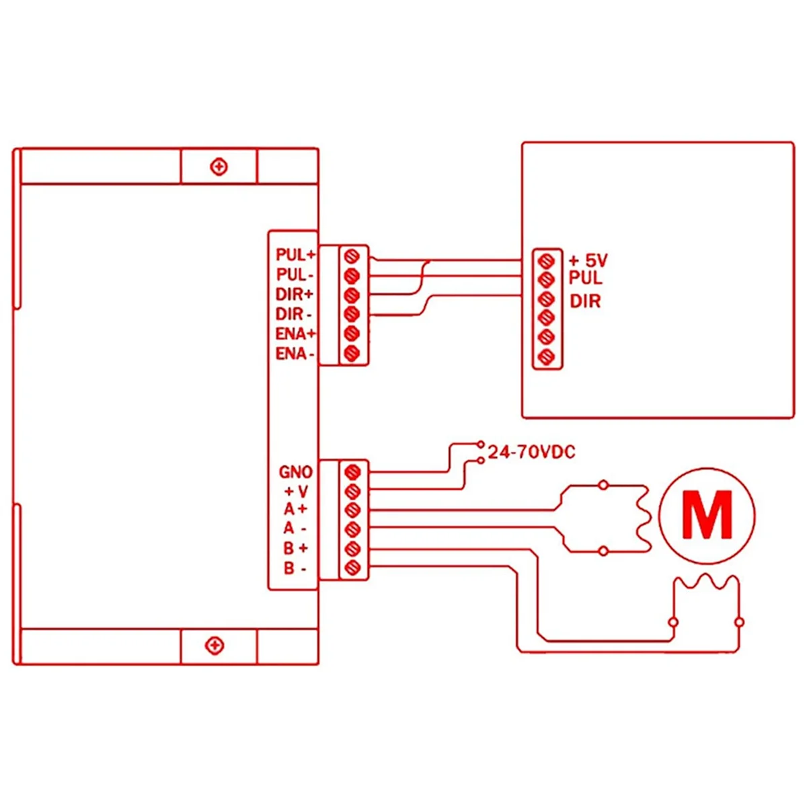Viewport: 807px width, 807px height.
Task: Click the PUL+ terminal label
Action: click(x=295, y=255)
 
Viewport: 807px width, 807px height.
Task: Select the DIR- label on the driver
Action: click(x=294, y=314)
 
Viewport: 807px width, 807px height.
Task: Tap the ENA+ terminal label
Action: click(x=296, y=334)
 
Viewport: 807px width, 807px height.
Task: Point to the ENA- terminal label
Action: click(x=295, y=354)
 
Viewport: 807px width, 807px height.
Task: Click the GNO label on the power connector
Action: click(x=296, y=472)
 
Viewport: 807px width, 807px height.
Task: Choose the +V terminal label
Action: click(x=296, y=492)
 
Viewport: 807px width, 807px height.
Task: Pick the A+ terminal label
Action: click(x=295, y=510)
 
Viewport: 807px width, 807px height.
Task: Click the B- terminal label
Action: click(x=295, y=569)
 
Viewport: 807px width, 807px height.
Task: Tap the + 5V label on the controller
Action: click(x=588, y=260)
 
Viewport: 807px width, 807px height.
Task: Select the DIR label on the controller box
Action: click(x=585, y=301)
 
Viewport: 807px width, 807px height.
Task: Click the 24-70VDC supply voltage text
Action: click(x=531, y=453)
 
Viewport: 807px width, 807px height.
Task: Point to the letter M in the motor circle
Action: click(x=707, y=516)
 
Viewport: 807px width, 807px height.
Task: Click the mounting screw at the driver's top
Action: click(x=219, y=167)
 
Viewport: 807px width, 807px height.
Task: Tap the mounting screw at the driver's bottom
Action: click(x=215, y=646)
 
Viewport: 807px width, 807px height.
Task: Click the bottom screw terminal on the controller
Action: click(x=547, y=357)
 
